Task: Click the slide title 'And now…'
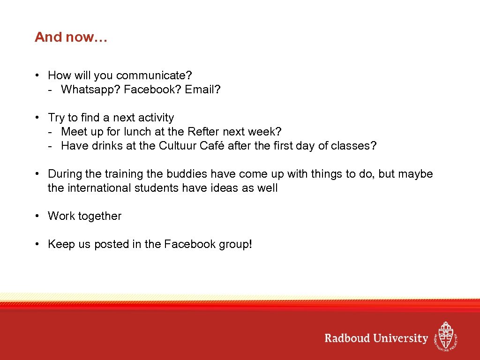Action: [x=71, y=37]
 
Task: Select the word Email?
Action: [x=202, y=90]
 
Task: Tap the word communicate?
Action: [x=154, y=75]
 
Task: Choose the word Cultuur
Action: [x=178, y=146]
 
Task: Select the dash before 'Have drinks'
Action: [x=50, y=146]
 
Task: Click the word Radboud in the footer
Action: [x=347, y=338]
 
